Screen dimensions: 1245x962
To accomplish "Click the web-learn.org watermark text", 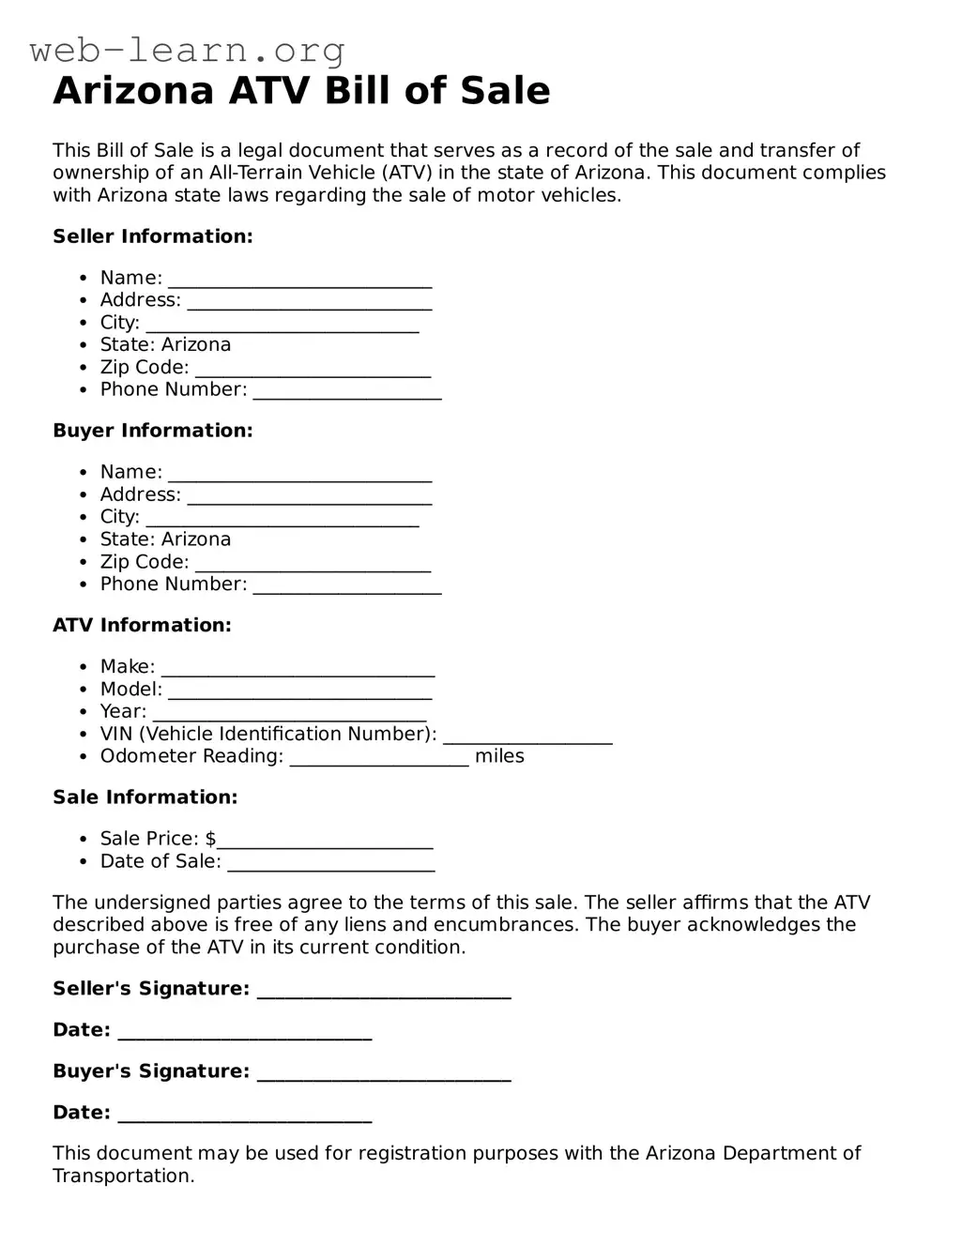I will pyautogui.click(x=188, y=50).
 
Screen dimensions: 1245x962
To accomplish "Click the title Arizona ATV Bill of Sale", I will pyautogui.click(x=301, y=91).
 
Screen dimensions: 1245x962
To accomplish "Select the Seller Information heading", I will pyautogui.click(x=153, y=236).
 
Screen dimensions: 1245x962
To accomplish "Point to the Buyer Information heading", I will pyautogui.click(x=153, y=431).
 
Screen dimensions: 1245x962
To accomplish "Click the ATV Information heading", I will pyautogui.click(x=142, y=625).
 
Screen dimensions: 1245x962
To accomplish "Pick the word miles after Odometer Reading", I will pyautogui.click(x=499, y=756).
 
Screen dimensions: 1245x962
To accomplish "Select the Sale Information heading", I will pyautogui.click(x=145, y=797).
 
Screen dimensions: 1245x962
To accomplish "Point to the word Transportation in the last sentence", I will pyautogui.click(x=123, y=1176).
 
